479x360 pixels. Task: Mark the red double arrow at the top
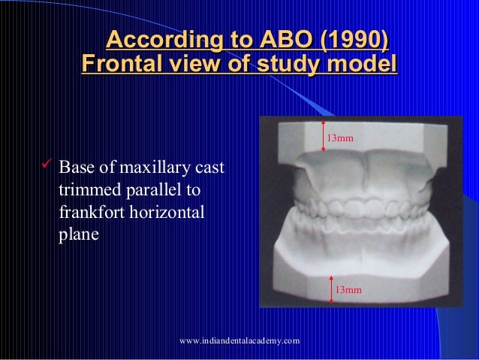(323, 135)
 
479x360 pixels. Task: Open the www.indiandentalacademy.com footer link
(239, 341)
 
